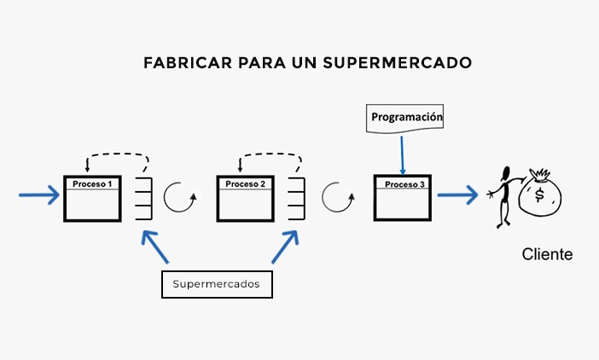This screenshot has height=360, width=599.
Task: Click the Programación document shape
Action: tap(406, 118)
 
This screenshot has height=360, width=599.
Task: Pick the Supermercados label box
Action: tap(217, 284)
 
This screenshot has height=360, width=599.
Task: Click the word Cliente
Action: tap(547, 254)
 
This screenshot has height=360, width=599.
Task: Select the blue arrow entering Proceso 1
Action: tap(38, 196)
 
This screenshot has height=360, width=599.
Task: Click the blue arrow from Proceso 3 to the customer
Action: tap(457, 196)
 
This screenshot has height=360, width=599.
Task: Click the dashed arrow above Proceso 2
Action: tap(271, 158)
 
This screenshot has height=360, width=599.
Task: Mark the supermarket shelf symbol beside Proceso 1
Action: tap(142, 200)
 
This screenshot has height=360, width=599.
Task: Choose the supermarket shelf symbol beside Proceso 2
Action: tap(295, 200)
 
